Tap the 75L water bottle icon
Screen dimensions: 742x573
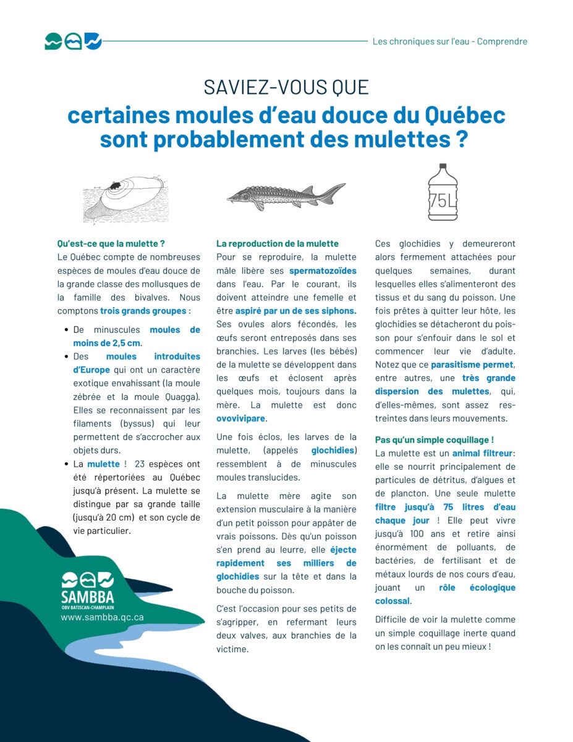click(443, 192)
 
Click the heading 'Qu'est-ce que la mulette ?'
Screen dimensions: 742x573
click(111, 244)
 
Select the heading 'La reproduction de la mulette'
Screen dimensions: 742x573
click(278, 244)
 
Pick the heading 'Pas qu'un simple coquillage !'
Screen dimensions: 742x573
click(435, 440)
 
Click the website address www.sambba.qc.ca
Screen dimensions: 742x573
click(102, 617)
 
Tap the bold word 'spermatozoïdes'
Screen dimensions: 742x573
click(323, 270)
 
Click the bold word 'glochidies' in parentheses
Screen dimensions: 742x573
click(333, 451)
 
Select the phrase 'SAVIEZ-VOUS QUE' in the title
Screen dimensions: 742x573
click(286, 87)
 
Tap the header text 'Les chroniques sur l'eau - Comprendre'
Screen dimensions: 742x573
click(449, 41)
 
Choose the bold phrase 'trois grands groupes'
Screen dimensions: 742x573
click(143, 311)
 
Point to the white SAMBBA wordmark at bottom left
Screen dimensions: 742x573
click(87, 598)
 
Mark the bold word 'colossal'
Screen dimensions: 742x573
click(392, 601)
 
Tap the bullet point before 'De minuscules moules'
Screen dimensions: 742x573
click(65, 330)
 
